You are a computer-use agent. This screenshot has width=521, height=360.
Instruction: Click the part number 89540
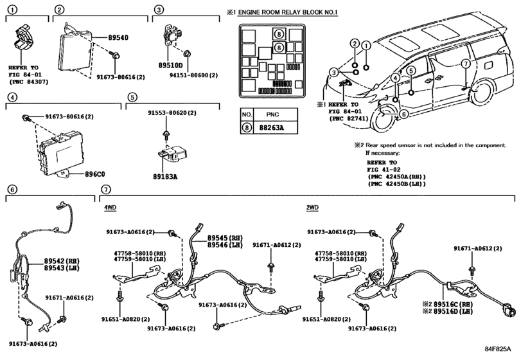(118, 37)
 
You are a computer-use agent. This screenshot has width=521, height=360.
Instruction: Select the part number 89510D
(170, 66)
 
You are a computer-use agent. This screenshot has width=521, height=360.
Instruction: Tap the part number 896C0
(94, 174)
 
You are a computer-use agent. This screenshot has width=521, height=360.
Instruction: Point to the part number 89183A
(165, 177)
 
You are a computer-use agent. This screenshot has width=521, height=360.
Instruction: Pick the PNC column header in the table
(272, 114)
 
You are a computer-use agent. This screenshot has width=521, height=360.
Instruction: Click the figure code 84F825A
(497, 348)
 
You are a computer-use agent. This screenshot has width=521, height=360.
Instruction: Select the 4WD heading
(110, 208)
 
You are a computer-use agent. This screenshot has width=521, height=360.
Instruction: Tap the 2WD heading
(312, 208)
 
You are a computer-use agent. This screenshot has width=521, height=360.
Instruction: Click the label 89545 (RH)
(225, 238)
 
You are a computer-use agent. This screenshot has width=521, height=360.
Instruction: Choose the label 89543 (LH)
(62, 268)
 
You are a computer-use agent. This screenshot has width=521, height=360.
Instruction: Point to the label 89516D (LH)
(453, 312)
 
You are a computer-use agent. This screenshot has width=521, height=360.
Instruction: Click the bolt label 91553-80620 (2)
(172, 113)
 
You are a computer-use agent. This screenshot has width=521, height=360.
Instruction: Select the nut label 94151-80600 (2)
(194, 75)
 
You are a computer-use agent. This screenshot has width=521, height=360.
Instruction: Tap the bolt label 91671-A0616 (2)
(69, 298)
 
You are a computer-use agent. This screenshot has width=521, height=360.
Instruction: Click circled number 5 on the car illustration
(411, 71)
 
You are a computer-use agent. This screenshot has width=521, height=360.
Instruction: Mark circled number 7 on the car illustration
(466, 64)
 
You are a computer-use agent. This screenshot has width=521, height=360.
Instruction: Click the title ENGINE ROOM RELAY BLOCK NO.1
(288, 13)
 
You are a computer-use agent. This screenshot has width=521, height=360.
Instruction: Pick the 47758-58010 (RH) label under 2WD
(341, 253)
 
